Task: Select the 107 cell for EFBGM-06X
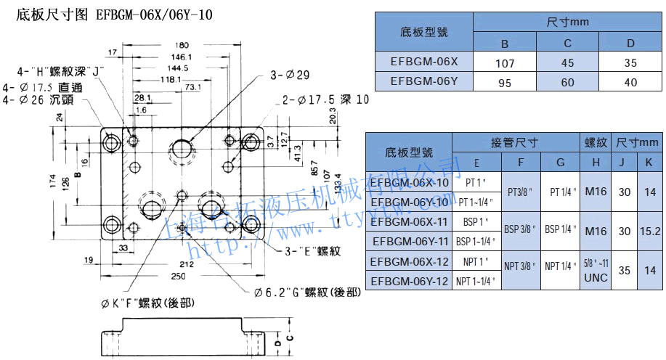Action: (505, 63)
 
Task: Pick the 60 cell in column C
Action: (568, 82)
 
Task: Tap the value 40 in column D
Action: (630, 82)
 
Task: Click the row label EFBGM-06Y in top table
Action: (423, 81)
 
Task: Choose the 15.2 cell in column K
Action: (649, 232)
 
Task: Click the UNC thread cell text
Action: (596, 277)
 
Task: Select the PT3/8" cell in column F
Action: (521, 192)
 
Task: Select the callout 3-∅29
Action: (290, 75)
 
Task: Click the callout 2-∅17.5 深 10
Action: (325, 99)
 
